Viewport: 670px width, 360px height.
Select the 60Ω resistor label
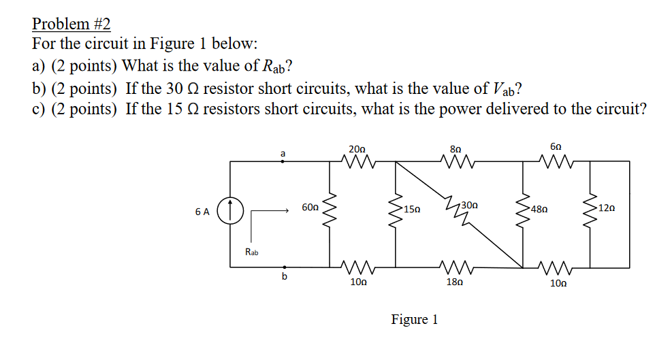click(310, 206)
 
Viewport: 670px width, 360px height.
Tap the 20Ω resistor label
click(357, 149)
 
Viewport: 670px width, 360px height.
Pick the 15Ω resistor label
click(413, 209)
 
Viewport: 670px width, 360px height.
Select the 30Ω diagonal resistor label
click(469, 205)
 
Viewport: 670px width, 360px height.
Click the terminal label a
click(282, 154)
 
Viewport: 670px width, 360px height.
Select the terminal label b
click(285, 276)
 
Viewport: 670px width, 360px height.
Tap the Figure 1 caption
click(415, 319)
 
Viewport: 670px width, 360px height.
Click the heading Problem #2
click(71, 24)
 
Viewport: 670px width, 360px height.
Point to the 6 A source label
click(202, 212)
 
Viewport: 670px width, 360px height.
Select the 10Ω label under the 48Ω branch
click(558, 282)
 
